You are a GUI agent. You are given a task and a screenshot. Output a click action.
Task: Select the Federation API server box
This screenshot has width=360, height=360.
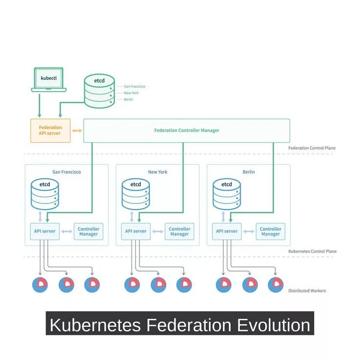pos(50,131)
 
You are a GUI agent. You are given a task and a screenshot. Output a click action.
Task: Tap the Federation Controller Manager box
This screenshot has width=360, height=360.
pos(186,131)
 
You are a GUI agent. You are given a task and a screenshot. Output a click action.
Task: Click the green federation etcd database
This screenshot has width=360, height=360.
pos(99,90)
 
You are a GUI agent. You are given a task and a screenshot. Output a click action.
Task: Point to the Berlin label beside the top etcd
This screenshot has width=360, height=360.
pos(129,99)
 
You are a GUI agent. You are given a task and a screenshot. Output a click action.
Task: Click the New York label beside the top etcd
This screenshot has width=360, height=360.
pos(131,93)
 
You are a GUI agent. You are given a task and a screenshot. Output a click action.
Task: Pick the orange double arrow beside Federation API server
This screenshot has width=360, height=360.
pos(77,131)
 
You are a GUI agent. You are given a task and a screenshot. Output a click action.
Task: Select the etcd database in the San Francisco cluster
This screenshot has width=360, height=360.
pos(45,194)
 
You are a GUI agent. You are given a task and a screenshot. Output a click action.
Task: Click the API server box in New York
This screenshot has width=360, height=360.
pos(136,231)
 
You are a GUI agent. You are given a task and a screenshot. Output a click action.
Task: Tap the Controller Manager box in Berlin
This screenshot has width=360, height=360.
pos(270,231)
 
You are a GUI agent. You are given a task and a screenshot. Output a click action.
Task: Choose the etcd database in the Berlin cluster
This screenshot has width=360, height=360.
pos(227,194)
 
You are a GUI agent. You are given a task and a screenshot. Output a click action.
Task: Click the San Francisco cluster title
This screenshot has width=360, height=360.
pos(67,172)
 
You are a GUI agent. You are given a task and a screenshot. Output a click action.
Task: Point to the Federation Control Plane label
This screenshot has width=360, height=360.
pos(312,148)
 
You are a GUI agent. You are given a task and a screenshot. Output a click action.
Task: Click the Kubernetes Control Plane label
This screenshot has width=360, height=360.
pos(312,251)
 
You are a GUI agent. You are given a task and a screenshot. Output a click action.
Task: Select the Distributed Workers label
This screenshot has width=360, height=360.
pos(307,291)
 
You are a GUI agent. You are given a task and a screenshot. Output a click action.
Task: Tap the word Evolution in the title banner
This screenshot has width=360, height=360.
pos(274,325)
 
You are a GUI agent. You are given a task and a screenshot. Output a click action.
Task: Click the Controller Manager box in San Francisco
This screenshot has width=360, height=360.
pos(89,231)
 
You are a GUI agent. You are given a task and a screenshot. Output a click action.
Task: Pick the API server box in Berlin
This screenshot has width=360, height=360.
pos(227,231)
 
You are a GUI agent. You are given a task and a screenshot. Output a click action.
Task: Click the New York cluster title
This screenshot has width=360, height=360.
pos(157,172)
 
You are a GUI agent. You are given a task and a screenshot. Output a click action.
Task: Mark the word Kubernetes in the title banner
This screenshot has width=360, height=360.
pos(94,325)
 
